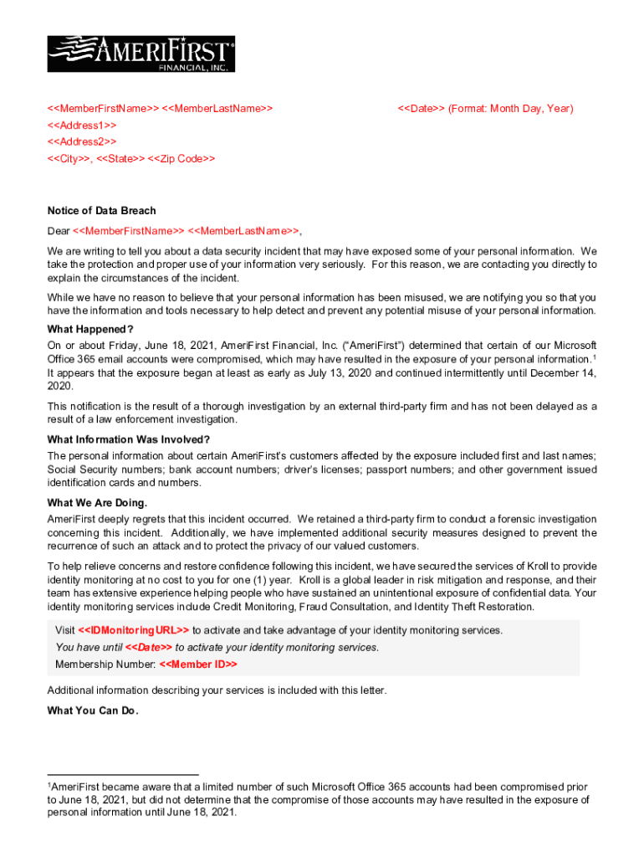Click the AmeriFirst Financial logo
point(141,54)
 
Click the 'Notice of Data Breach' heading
point(101,211)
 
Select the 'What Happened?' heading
point(90,329)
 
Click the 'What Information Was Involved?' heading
point(129,439)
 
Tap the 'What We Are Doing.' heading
point(97,503)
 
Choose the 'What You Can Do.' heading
point(93,711)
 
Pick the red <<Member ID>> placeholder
point(198,664)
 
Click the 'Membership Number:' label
point(105,664)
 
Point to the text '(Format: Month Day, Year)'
point(511,109)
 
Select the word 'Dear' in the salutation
point(59,230)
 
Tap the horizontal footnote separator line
point(123,775)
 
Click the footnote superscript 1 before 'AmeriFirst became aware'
point(49,784)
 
